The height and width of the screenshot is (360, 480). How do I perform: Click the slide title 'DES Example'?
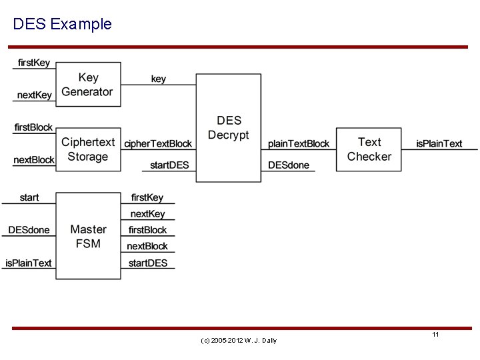pyautogui.click(x=62, y=25)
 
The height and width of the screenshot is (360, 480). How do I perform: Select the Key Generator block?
pyautogui.click(x=87, y=85)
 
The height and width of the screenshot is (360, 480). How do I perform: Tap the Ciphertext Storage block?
pyautogui.click(x=87, y=149)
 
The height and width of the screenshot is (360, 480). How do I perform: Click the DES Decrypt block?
pyautogui.click(x=228, y=128)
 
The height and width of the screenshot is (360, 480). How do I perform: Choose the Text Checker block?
pyautogui.click(x=369, y=149)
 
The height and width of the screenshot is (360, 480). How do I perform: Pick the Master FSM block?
pyautogui.click(x=87, y=237)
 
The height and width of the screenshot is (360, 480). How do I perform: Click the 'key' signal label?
pyautogui.click(x=159, y=79)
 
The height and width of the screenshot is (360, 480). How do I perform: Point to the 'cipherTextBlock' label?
pyautogui.click(x=158, y=143)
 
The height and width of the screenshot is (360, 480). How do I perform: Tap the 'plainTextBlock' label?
pyautogui.click(x=299, y=143)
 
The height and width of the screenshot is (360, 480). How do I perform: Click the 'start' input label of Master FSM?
pyautogui.click(x=29, y=197)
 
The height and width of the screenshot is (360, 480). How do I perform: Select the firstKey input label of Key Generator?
pyautogui.click(x=33, y=63)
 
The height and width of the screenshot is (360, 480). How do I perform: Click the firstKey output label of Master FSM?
pyautogui.click(x=147, y=197)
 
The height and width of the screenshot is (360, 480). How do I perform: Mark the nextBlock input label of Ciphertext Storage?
pyautogui.click(x=33, y=160)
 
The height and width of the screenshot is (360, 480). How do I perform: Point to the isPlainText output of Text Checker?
pyautogui.click(x=439, y=143)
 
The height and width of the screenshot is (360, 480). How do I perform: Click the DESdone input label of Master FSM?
pyautogui.click(x=29, y=230)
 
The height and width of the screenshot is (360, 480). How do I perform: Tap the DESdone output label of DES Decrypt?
pyautogui.click(x=289, y=165)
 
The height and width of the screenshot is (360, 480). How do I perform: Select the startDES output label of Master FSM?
pyautogui.click(x=148, y=263)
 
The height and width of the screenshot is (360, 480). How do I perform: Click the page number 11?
pyautogui.click(x=435, y=334)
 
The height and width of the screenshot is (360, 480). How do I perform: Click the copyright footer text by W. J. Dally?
pyautogui.click(x=239, y=341)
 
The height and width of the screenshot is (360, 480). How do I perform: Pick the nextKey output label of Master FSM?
pyautogui.click(x=147, y=214)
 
